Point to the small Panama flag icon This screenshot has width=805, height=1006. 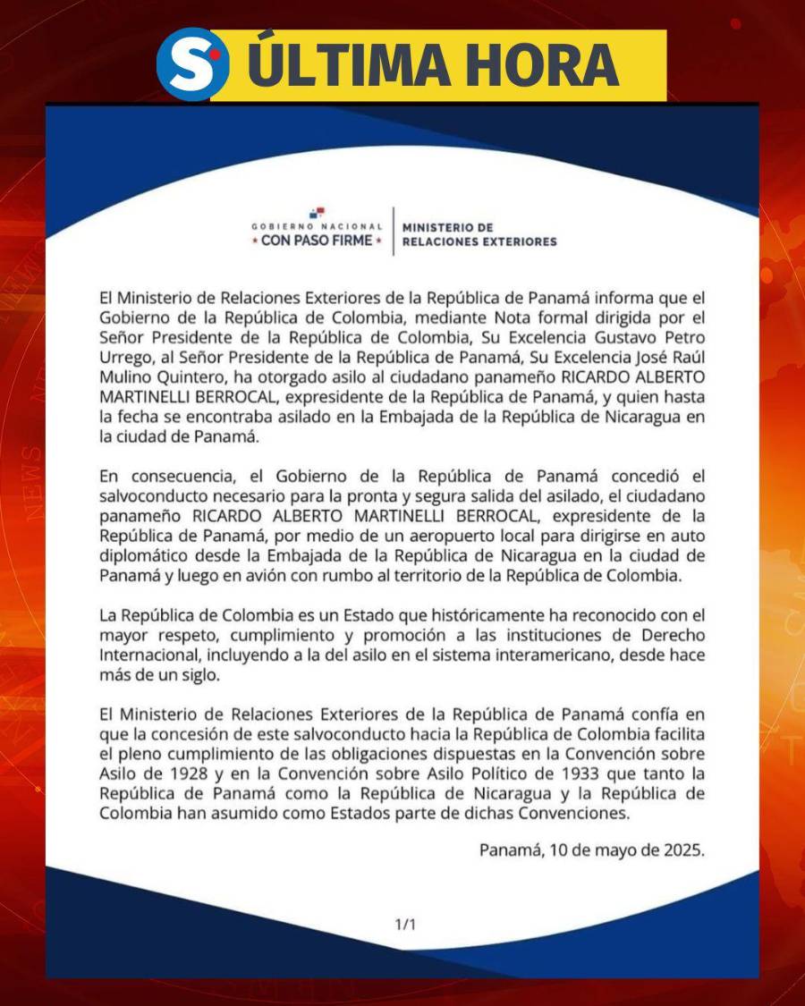tap(318, 213)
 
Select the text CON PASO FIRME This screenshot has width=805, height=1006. tap(317, 241)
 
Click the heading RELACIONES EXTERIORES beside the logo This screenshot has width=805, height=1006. tap(479, 241)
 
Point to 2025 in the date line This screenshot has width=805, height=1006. tap(683, 850)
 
